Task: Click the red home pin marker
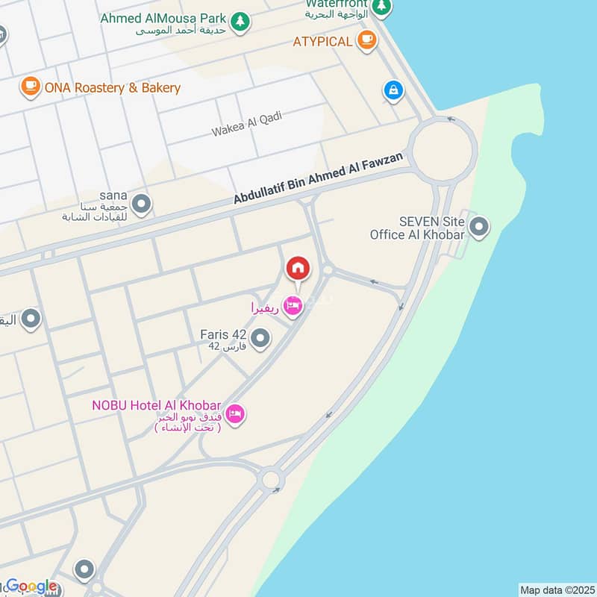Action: [297, 268]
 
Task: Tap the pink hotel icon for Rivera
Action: [294, 306]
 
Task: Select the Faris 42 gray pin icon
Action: [260, 340]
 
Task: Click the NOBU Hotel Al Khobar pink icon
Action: [235, 413]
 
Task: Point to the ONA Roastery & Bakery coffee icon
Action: [31, 87]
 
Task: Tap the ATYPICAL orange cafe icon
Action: [366, 40]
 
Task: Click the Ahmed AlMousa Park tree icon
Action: [240, 22]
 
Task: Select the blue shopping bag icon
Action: [393, 91]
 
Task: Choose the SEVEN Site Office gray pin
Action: [478, 226]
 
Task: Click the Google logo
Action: [32, 587]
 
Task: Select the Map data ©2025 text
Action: [556, 590]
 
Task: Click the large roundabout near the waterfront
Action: [443, 149]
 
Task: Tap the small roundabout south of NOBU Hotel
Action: [270, 478]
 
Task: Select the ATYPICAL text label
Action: [323, 41]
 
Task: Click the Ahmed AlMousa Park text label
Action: [163, 18]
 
